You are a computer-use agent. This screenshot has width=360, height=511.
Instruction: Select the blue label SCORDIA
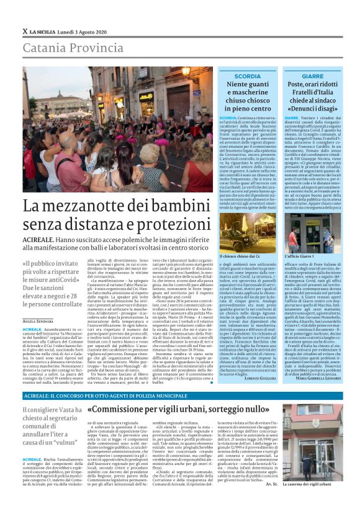pos(248,76)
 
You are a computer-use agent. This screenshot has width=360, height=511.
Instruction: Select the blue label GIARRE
pos(313,76)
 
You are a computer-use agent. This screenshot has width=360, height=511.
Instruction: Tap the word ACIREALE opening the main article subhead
pos(40,238)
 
